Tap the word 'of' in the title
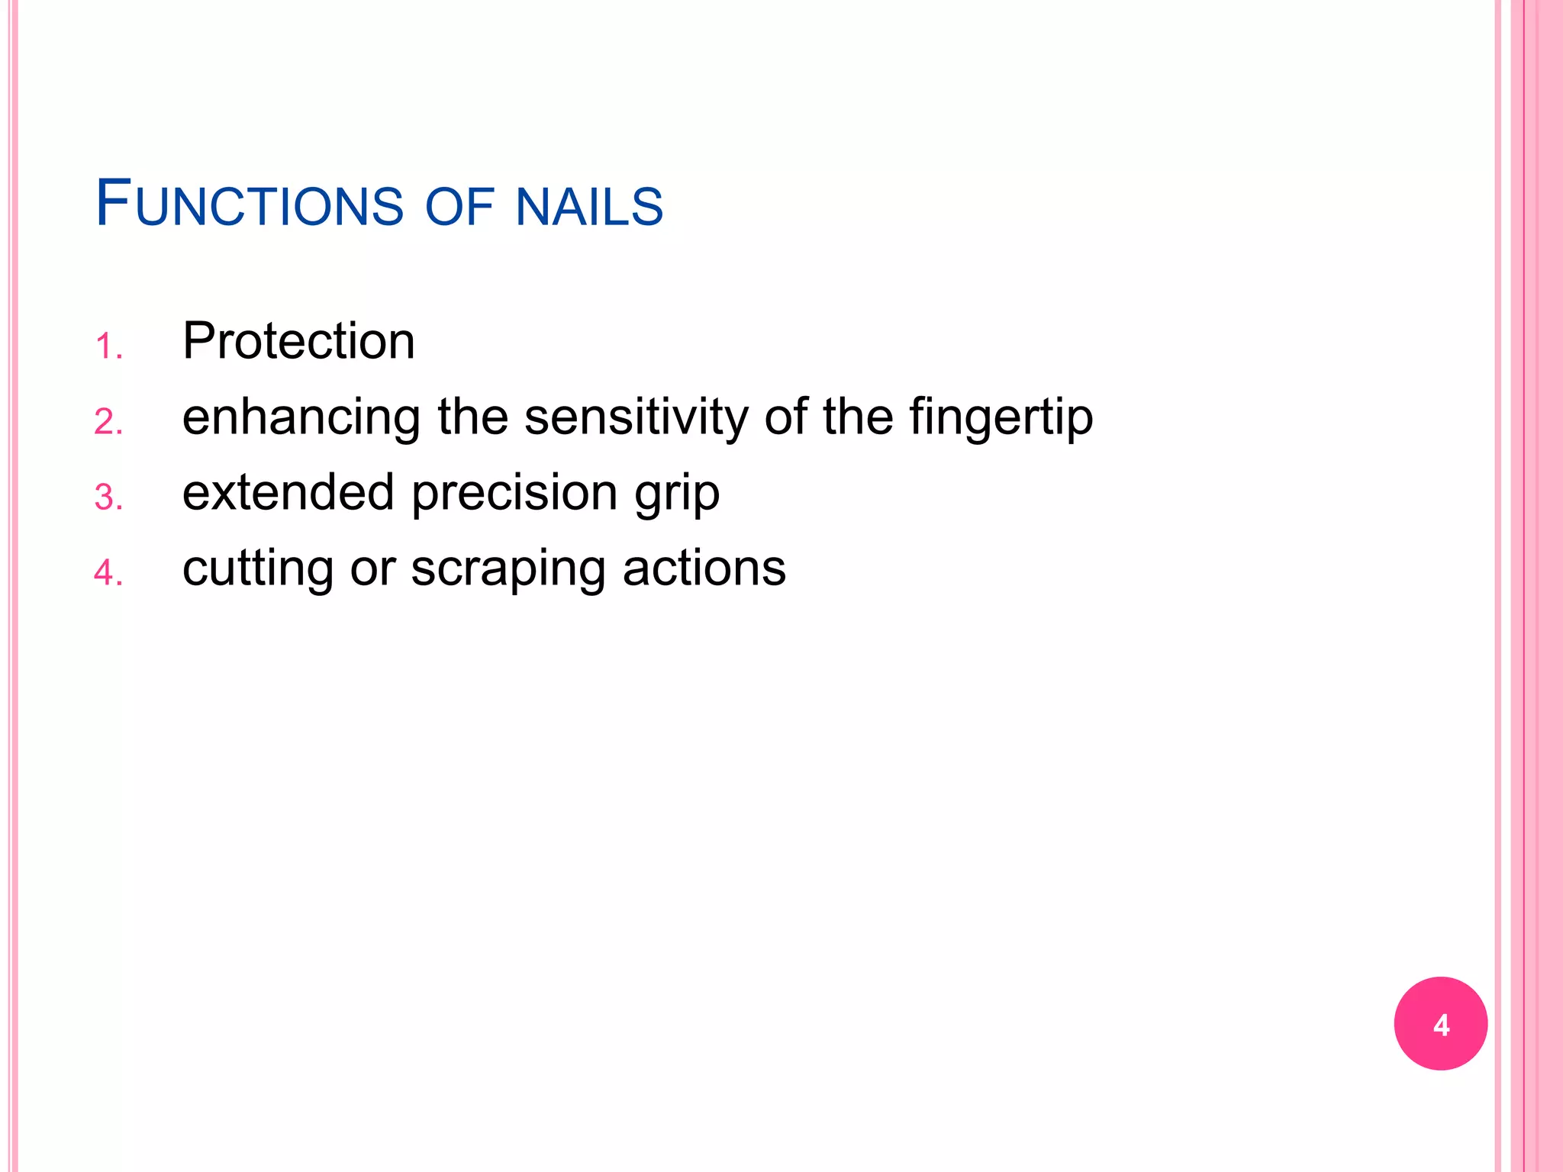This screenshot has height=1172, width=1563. point(459,207)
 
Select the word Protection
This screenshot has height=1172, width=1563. point(298,340)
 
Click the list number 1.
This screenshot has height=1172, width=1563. point(108,346)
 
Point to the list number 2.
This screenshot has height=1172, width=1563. point(108,422)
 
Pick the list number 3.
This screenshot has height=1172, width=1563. point(108,497)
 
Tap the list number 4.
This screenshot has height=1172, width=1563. point(108,573)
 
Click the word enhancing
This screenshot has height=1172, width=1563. point(301,419)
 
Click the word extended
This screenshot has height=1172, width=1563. point(288,492)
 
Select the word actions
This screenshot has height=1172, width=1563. point(704,568)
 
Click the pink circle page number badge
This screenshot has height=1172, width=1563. point(1440,1023)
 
